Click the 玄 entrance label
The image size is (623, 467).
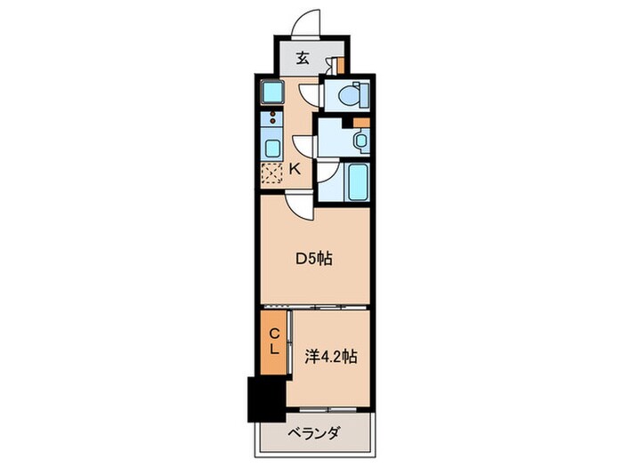(x=303, y=60)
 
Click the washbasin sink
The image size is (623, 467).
(x=359, y=139)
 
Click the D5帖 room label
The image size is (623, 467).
(x=314, y=260)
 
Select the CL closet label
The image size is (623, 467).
(x=274, y=341)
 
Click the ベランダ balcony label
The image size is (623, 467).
(x=313, y=433)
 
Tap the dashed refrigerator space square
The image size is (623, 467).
(x=271, y=173)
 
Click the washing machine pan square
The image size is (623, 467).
(x=272, y=92)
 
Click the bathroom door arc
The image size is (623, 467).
(x=325, y=174)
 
